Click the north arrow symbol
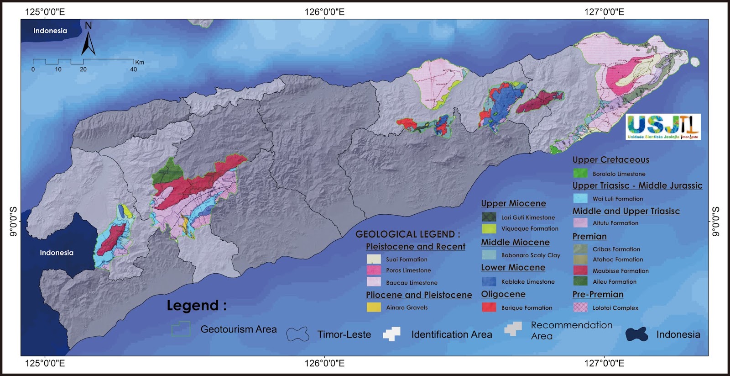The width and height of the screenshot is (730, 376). point(88,40)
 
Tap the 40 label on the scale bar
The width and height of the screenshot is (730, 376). point(133,69)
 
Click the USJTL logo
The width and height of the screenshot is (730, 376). point(663,127)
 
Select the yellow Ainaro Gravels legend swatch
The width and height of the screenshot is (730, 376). point(374,307)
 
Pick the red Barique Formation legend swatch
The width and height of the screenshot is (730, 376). point(489,307)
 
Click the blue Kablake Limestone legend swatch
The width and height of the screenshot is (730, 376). point(489,281)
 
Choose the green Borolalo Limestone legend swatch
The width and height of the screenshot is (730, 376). point(580,174)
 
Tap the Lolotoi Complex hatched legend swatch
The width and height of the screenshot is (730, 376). point(580,307)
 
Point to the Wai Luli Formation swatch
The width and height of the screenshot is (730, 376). point(580,198)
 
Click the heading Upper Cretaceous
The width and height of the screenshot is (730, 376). point(610,160)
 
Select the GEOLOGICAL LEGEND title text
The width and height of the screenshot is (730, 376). point(407,234)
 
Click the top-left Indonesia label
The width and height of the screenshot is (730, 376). point(50,31)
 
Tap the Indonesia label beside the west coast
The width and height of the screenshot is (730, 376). point(57,253)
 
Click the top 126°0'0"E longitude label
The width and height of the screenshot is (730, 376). point(324,12)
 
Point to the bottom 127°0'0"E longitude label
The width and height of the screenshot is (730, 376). point(604,364)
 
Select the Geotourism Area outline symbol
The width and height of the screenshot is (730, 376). point(181,329)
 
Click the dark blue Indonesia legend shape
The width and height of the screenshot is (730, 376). point(636,334)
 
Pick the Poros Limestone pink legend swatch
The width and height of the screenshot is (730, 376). point(374,270)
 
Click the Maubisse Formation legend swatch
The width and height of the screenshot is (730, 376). point(580,270)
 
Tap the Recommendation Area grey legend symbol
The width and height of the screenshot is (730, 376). point(513,329)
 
